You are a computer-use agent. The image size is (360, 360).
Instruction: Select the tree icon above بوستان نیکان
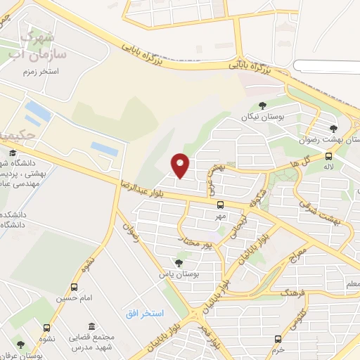pos(262,105)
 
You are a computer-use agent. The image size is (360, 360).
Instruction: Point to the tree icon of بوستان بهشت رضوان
pos(333,129)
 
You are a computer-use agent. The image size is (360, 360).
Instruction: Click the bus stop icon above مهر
pos(221,205)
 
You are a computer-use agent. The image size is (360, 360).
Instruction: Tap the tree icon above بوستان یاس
pos(179,262)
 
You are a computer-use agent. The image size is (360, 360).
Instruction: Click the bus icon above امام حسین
pos(74,287)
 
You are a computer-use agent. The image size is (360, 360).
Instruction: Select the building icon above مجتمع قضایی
pos(92,326)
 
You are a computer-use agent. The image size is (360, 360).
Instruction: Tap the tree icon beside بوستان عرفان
pos(20,345)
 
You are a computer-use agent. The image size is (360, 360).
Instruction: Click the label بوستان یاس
pos(177,274)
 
